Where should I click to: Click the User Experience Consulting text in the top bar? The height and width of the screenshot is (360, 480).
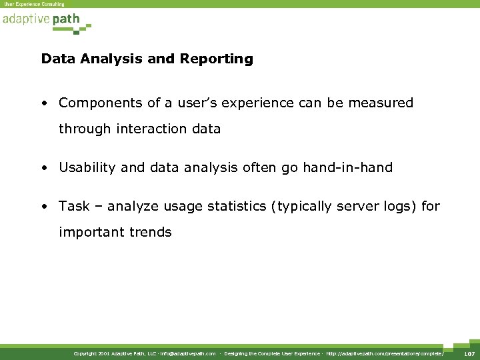pyautogui.click(x=34, y=4)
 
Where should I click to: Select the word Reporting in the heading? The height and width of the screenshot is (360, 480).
pyautogui.click(x=216, y=59)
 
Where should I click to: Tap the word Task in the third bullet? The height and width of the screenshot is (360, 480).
pyautogui.click(x=73, y=207)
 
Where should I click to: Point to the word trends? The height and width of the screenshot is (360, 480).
pyautogui.click(x=151, y=233)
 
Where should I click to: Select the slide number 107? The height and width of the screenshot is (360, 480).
pyautogui.click(x=469, y=353)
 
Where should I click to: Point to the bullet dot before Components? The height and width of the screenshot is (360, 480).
pyautogui.click(x=43, y=104)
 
